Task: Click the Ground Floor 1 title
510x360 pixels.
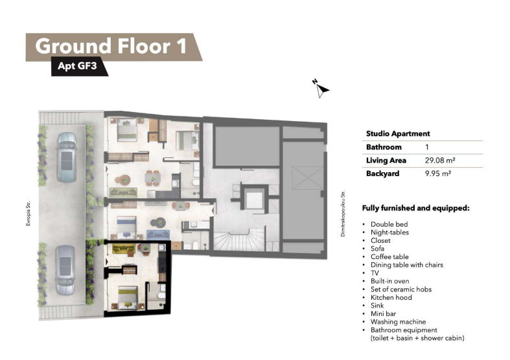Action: pyautogui.click(x=111, y=46)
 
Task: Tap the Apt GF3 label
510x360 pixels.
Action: pyautogui.click(x=77, y=66)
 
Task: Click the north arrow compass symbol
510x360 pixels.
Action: pyautogui.click(x=321, y=88)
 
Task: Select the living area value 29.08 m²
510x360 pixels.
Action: pyautogui.click(x=440, y=160)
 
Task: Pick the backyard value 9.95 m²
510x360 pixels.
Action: pyautogui.click(x=438, y=174)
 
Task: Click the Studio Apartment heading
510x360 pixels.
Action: pyautogui.click(x=398, y=133)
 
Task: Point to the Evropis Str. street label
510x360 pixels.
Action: pyautogui.click(x=28, y=214)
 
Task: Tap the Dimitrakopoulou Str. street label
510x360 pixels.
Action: pyautogui.click(x=343, y=214)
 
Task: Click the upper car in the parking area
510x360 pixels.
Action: pyautogui.click(x=67, y=157)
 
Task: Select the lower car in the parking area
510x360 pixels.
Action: pyautogui.click(x=65, y=269)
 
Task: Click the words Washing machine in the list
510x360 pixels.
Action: pyautogui.click(x=398, y=322)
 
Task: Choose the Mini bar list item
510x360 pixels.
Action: pyautogui.click(x=383, y=313)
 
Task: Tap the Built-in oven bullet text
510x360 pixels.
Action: pyautogui.click(x=389, y=281)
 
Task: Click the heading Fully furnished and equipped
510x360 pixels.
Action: pyautogui.click(x=415, y=208)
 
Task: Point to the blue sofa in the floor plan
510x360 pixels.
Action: pyautogui.click(x=158, y=234)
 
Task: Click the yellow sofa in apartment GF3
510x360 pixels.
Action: pyautogui.click(x=123, y=249)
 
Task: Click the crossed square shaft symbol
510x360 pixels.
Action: pyautogui.click(x=308, y=177)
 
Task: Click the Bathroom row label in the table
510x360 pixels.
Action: pyautogui.click(x=384, y=147)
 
